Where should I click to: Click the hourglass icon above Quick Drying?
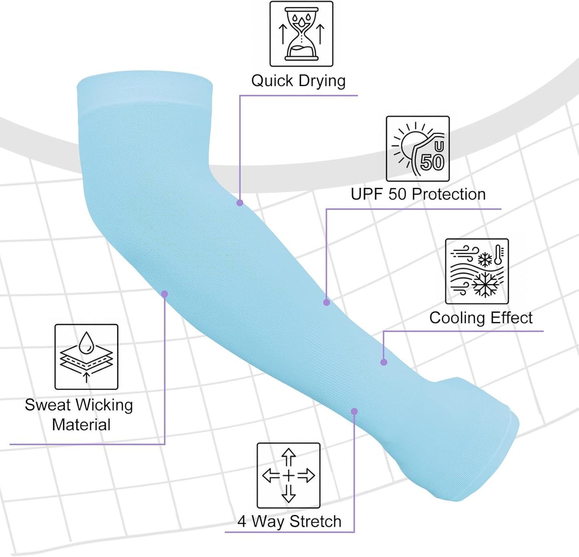tap(301, 34)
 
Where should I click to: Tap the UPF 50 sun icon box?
tap(418, 149)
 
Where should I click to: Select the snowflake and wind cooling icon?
tap(477, 271)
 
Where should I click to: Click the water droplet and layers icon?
tap(86, 357)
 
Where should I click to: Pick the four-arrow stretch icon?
tap(288, 476)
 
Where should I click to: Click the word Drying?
tap(322, 81)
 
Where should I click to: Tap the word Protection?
tap(449, 194)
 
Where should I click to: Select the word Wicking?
tap(104, 405)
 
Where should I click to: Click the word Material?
tap(81, 424)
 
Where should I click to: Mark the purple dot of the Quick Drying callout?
tap(240, 203)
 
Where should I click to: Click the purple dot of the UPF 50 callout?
tap(327, 302)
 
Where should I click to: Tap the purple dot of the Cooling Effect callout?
tap(384, 362)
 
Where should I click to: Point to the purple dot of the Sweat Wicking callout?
tap(165, 294)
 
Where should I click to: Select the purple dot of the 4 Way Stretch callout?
tap(354, 411)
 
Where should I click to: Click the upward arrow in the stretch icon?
tap(288, 457)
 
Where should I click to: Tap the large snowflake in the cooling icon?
tap(486, 285)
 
